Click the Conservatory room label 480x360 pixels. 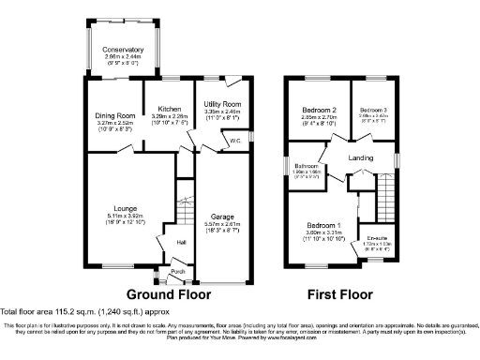point(124,50)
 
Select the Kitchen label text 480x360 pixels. point(169,108)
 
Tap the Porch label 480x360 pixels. point(177,273)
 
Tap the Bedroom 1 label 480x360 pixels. point(323,225)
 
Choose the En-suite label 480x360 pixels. point(377,238)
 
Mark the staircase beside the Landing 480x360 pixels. point(385,197)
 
